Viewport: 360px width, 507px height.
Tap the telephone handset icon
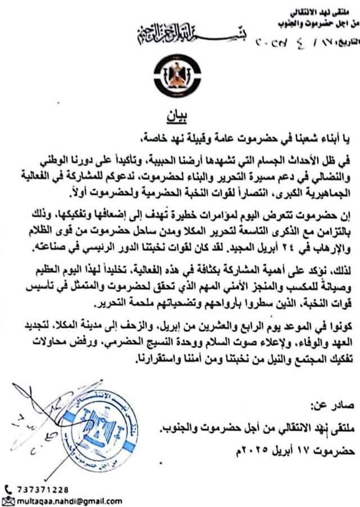[x=7, y=489]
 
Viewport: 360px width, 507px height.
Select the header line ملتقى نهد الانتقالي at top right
[x=323, y=12]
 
